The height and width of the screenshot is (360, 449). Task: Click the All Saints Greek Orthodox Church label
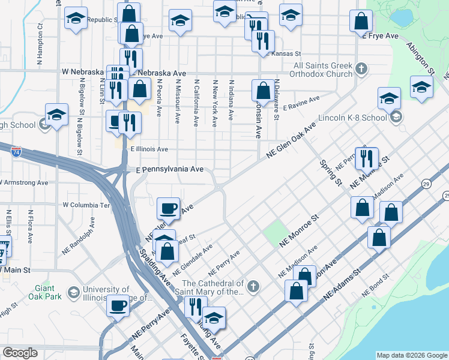click(x=323, y=70)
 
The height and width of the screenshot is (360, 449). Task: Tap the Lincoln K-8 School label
click(x=358, y=118)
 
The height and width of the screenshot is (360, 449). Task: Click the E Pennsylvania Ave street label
click(x=168, y=169)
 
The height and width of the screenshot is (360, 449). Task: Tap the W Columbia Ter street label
click(x=87, y=205)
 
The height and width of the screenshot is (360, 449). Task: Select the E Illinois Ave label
click(x=149, y=148)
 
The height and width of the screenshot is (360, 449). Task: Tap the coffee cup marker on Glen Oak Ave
click(x=169, y=208)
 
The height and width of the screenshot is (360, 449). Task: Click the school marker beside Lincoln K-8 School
click(x=390, y=98)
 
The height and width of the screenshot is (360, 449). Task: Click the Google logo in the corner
click(x=20, y=353)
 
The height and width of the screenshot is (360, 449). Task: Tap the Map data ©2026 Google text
click(x=412, y=355)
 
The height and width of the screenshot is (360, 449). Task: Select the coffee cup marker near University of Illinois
click(x=118, y=306)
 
